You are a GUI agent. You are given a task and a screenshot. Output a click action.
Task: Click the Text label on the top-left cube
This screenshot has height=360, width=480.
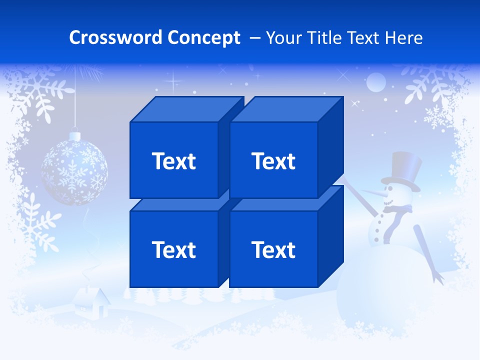tap(174, 161)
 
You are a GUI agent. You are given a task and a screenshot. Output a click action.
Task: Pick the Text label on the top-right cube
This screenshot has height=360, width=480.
tap(273, 161)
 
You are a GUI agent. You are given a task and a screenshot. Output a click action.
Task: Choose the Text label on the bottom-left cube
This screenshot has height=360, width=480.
tap(174, 249)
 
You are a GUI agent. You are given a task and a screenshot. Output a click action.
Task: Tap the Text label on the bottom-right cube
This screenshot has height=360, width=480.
tap(273, 249)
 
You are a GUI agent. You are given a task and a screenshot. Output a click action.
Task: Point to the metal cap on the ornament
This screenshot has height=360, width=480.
tap(74, 136)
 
